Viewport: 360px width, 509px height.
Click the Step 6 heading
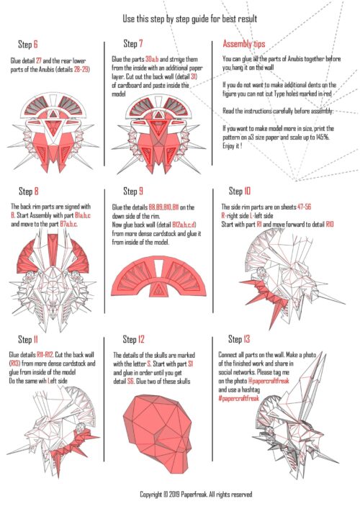pyautogui.click(x=28, y=44)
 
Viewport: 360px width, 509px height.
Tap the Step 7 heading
pyautogui.click(x=133, y=43)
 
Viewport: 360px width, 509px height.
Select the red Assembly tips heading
pyautogui.click(x=244, y=44)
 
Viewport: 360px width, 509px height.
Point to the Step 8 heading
pyautogui.click(x=29, y=192)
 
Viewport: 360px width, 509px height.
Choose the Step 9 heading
pyautogui.click(x=133, y=192)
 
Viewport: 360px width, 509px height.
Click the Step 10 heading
pyautogui.click(x=240, y=191)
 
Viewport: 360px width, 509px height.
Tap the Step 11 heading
pyautogui.click(x=28, y=340)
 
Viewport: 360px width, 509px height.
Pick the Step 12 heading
pyautogui.click(x=133, y=340)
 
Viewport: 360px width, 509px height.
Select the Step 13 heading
pyautogui.click(x=239, y=339)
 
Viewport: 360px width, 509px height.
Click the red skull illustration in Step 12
pyautogui.click(x=157, y=434)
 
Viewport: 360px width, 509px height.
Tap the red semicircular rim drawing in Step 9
pyautogui.click(x=158, y=276)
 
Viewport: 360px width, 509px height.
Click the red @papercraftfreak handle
pyautogui.click(x=269, y=381)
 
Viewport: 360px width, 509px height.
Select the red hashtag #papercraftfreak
pyautogui.click(x=239, y=398)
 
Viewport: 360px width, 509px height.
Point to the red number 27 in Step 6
pyautogui.click(x=39, y=60)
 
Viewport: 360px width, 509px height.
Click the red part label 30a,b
pyautogui.click(x=152, y=60)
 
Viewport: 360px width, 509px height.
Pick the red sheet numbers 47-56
pyautogui.click(x=304, y=207)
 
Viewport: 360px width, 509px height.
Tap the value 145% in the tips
pyautogui.click(x=323, y=137)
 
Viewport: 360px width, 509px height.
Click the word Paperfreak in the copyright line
pyautogui.click(x=194, y=495)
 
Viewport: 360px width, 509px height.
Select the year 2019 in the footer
pyautogui.click(x=174, y=495)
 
